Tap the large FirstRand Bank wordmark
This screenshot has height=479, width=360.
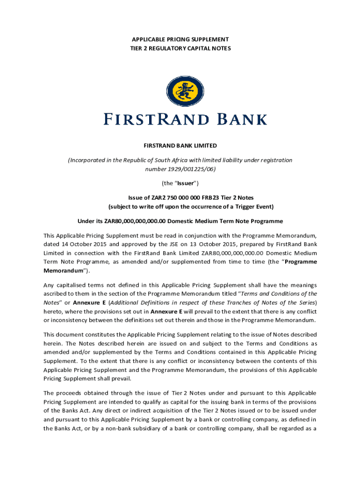(185, 118)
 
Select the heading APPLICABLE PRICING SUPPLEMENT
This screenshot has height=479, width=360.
(180, 39)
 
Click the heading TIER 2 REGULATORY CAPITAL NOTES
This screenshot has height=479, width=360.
(180, 48)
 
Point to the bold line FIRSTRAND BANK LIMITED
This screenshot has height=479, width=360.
(180, 146)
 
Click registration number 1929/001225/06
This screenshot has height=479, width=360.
(193, 168)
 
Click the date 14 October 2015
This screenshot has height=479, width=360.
(81, 244)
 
